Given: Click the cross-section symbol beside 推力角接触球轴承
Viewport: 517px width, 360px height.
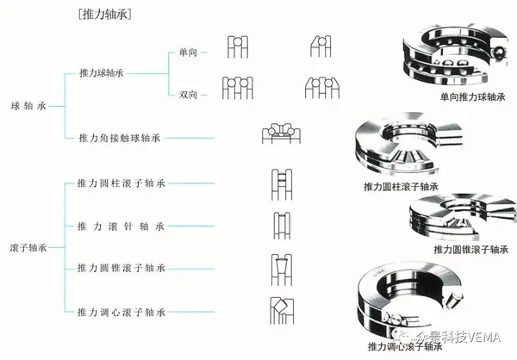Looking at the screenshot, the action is (279, 135).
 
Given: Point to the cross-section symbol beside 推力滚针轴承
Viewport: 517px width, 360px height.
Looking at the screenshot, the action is (280, 224).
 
